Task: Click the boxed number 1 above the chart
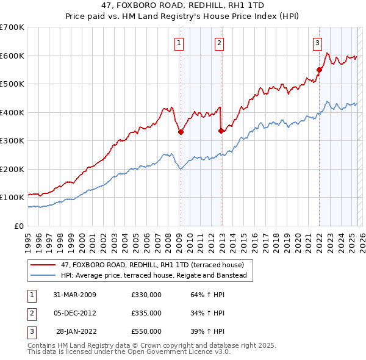pos(179,43)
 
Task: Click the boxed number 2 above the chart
pos(219,43)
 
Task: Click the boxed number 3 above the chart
pos(318,43)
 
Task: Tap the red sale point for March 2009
pos(181,132)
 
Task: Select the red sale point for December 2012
pos(220,131)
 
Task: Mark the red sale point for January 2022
pos(319,70)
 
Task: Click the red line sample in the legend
pos(43,265)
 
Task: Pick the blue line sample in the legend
pos(43,275)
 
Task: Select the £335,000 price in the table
pos(146,313)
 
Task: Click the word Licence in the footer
pos(199,352)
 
